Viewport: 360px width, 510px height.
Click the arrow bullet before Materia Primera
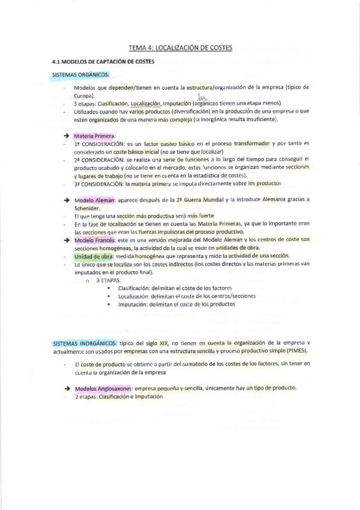click(x=66, y=137)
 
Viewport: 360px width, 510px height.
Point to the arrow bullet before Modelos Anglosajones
click(x=66, y=389)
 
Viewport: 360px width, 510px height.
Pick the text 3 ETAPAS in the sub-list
click(x=108, y=280)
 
